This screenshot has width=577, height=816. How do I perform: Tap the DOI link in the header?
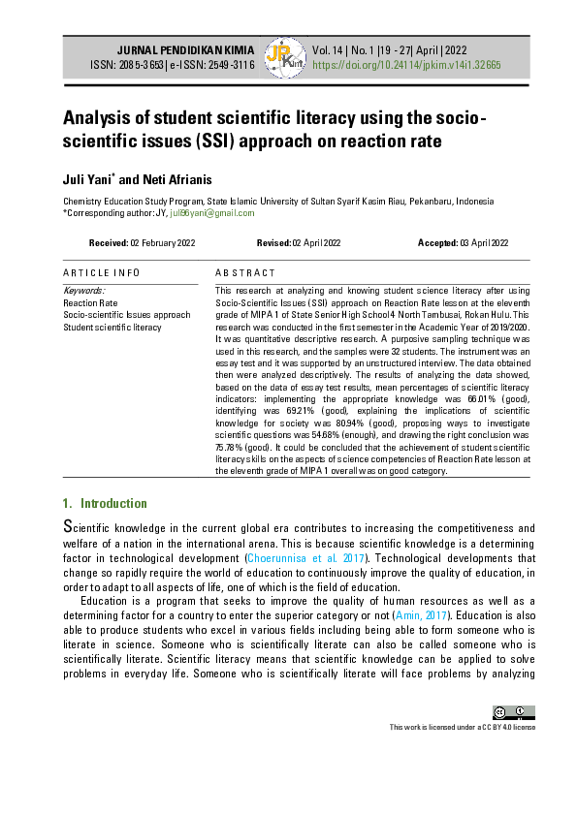pyautogui.click(x=405, y=65)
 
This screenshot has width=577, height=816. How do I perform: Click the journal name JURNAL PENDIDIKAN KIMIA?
pyautogui.click(x=185, y=48)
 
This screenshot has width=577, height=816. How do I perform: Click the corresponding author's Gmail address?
pyautogui.click(x=212, y=212)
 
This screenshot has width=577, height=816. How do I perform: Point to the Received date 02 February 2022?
pyautogui.click(x=142, y=242)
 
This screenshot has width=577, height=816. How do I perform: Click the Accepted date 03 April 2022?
pyautogui.click(x=463, y=242)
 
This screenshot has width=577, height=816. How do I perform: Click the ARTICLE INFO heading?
pyautogui.click(x=102, y=273)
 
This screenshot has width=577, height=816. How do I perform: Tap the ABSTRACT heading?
pyautogui.click(x=245, y=273)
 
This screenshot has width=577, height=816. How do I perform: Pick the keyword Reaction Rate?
pyautogui.click(x=90, y=302)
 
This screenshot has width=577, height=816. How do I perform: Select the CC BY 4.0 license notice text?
pyautogui.click(x=462, y=727)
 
